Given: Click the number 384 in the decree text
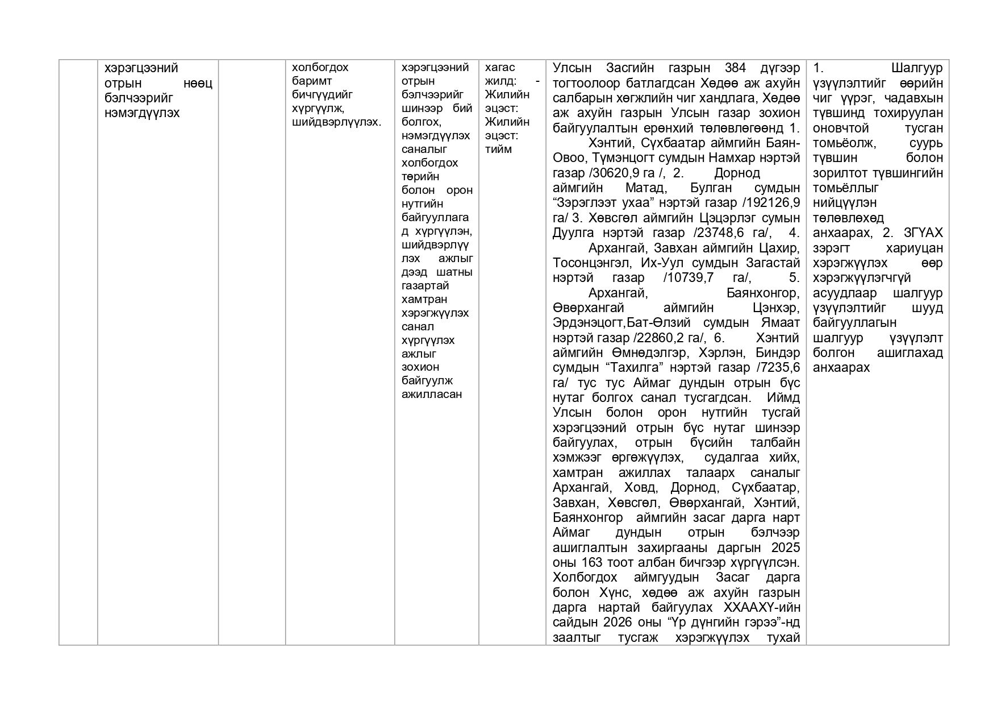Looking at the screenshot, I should (736, 68).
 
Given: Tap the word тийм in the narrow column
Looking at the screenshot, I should (498, 150).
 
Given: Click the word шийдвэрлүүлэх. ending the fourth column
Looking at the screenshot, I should (336, 122).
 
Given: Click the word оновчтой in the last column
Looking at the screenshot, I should (841, 128).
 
